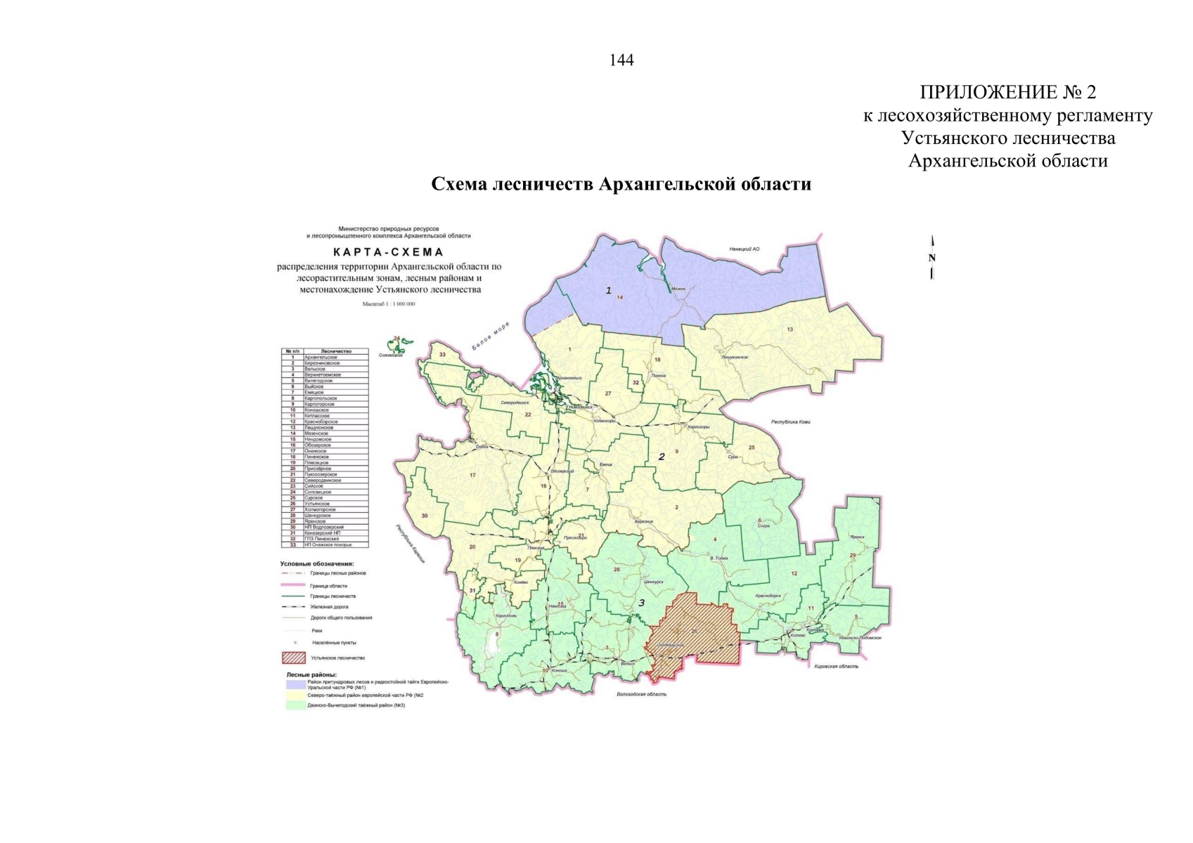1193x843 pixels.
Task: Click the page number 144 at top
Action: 621,60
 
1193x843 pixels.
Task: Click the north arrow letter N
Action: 932,258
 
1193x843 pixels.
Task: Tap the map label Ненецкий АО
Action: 744,249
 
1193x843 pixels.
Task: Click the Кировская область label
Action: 836,666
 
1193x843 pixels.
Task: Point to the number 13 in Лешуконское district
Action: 789,329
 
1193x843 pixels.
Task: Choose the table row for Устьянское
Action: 324,504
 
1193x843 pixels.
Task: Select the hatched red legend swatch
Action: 293,658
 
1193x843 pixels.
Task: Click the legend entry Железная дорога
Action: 328,606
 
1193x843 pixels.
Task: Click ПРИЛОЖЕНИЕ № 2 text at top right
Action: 1007,92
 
